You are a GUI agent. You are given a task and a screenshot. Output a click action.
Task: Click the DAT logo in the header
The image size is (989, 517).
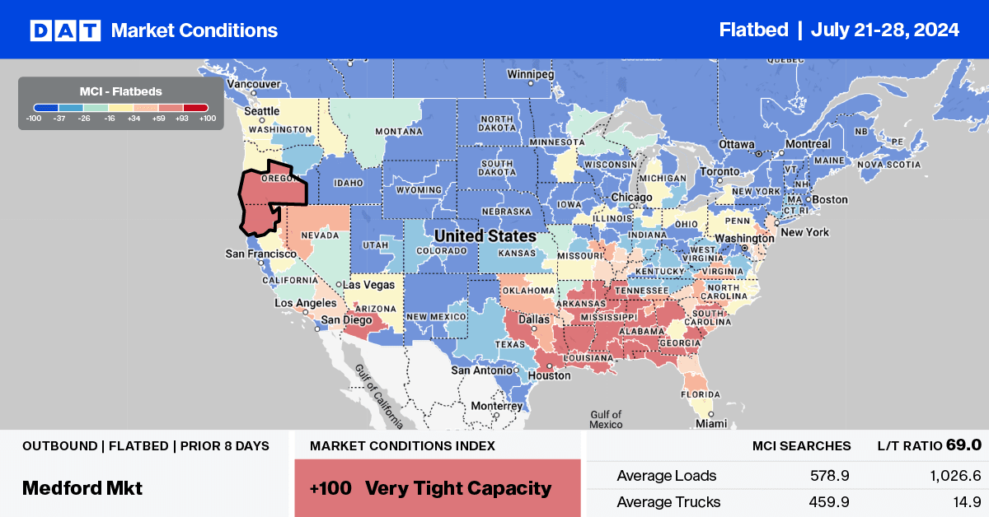coord(65,30)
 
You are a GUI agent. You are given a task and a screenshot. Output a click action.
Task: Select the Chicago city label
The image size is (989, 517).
coord(631,198)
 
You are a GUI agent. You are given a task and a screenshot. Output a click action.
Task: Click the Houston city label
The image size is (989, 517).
coord(551,375)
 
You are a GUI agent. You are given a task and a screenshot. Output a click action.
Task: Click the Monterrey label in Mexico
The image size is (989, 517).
coord(498,407)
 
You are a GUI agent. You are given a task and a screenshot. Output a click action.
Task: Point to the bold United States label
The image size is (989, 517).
coord(485,236)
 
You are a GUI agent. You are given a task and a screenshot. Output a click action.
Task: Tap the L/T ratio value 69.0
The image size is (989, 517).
coord(963,445)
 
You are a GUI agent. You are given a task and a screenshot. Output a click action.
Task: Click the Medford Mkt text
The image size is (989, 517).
coord(82,488)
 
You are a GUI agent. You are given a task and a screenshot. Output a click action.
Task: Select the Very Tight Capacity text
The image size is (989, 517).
coord(458,488)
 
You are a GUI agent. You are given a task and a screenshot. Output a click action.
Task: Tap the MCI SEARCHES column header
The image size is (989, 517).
coord(801,445)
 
